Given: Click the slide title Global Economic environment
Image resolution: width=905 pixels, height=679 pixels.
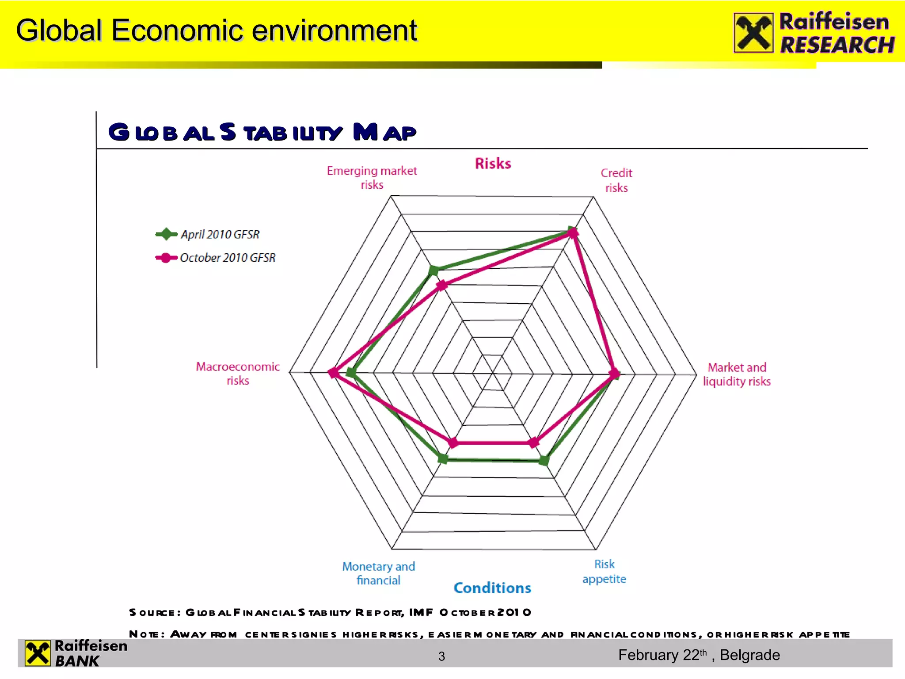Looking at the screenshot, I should coord(216,31).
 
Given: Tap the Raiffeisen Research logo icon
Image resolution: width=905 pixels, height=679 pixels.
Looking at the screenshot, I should coord(753,33).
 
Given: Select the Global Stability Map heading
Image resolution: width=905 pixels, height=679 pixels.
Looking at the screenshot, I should coord(262,132).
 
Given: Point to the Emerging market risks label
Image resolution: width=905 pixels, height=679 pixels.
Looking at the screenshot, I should coord(372,177).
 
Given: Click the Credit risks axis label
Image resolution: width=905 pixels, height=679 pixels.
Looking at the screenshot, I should coord(616,180).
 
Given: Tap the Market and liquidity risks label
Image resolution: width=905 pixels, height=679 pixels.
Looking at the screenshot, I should coord(736,374).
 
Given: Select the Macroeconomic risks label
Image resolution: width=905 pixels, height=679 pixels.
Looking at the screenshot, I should coord(238,373).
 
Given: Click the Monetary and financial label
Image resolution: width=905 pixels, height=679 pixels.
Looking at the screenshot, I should coord(378,573).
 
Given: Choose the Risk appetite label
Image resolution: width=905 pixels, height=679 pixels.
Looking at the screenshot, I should coord(604,571).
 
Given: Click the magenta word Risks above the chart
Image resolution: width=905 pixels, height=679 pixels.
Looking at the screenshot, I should coord(493,164).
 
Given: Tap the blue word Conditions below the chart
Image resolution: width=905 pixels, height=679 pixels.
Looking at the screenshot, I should coord(492,587).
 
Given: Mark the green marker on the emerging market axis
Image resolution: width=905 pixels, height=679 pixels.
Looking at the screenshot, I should coord(433,270).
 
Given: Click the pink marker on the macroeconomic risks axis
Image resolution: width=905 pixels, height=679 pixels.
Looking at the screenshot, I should coord(334,373).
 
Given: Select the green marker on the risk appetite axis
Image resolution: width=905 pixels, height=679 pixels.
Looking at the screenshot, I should coord(544,461).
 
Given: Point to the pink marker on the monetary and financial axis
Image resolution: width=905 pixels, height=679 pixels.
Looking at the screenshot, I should coord(452,442).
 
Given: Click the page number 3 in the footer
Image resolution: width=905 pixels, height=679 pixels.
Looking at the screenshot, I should coord(441,656).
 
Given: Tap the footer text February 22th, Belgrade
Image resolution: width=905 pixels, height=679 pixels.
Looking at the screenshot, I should coord(699,655).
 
